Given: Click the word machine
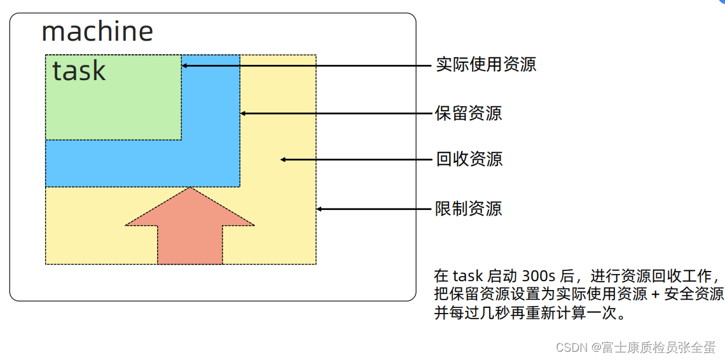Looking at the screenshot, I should pos(97,31).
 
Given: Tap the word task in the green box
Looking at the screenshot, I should pos(79,71).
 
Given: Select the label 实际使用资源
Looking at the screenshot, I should pos(486,64).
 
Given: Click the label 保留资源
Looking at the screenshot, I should pos(469,113).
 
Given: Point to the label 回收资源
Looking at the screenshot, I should pos(469,159).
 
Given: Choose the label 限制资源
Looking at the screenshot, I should pos(469,209).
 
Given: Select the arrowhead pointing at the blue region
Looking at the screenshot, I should pos(244,113).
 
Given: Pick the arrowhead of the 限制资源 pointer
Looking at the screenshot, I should pos(320,209).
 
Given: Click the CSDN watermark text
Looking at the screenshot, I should pos(635,347).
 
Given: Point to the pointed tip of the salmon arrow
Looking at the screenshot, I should pos(190,189).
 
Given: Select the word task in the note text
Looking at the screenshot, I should pos(468,277).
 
